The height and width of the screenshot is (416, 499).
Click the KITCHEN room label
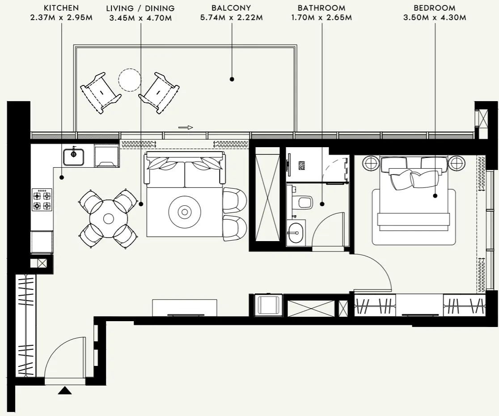click(62, 8)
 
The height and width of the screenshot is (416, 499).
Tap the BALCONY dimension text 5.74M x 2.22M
click(231, 18)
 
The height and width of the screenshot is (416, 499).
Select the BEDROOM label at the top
click(434, 8)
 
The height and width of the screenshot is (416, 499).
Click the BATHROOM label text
click(321, 8)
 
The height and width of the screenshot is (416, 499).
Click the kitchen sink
click(73, 156)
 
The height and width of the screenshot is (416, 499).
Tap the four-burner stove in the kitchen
click(42, 200)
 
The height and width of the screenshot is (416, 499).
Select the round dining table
click(108, 219)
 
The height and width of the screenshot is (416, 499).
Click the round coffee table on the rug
click(184, 212)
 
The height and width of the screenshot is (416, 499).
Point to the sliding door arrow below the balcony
click(186, 127)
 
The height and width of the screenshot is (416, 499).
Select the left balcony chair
click(100, 92)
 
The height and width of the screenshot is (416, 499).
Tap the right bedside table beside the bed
click(457, 163)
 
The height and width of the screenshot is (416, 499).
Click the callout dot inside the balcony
click(232, 79)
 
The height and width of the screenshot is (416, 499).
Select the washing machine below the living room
click(269, 306)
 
